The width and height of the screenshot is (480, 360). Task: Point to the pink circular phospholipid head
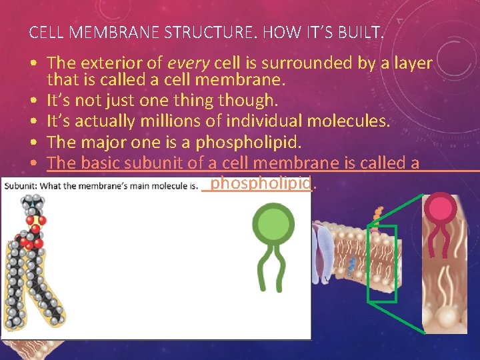point(441,209)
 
